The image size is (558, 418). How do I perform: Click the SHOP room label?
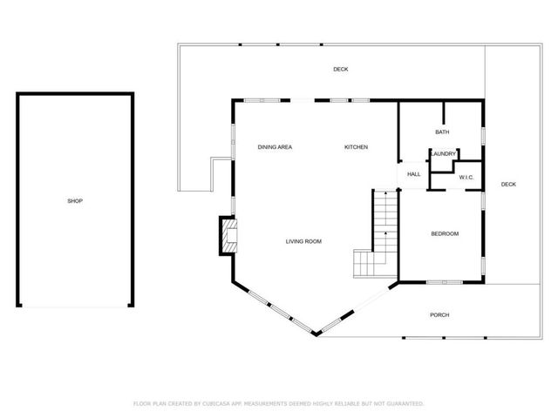tap(75, 201)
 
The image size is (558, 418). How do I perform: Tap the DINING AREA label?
tap(275, 147)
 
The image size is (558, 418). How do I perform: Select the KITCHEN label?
tap(356, 147)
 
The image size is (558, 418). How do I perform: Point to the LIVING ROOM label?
tap(304, 241)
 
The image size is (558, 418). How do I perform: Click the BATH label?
tap(442, 132)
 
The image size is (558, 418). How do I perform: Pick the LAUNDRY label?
tap(443, 154)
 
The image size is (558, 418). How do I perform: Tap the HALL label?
tap(413, 174)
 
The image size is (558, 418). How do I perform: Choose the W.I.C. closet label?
tap(466, 178)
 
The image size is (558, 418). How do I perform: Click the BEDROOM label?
tap(445, 233)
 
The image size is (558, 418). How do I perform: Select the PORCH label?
tap(439, 314)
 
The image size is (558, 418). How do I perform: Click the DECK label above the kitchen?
tap(340, 70)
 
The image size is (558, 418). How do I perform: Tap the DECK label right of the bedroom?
tap(508, 185)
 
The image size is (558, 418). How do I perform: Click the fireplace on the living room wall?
tap(228, 235)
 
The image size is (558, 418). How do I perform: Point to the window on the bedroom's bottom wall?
tap(443, 282)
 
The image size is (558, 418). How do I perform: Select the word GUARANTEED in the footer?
tap(405, 404)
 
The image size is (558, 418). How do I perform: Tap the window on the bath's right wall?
tap(484, 135)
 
